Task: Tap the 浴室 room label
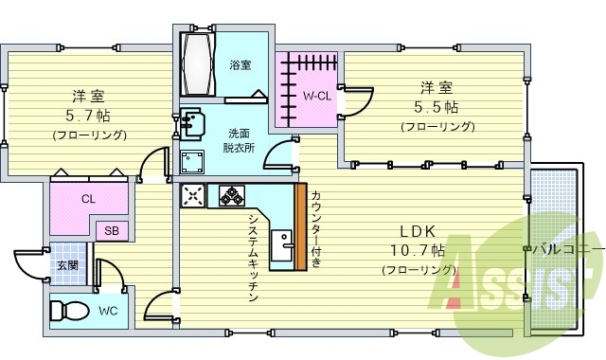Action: [x=240, y=65]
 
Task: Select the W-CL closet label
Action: [x=317, y=97]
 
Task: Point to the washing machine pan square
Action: [x=192, y=159]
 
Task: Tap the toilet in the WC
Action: [x=67, y=310]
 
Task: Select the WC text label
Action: [x=107, y=310]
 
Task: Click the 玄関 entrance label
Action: [x=67, y=265]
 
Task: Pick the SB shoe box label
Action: [x=112, y=231]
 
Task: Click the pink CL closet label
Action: [x=87, y=199]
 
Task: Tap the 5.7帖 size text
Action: [x=86, y=117]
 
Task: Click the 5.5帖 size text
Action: [x=436, y=107]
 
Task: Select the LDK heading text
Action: [x=417, y=232]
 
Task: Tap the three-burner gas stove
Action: [x=231, y=195]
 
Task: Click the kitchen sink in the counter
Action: [x=281, y=249]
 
